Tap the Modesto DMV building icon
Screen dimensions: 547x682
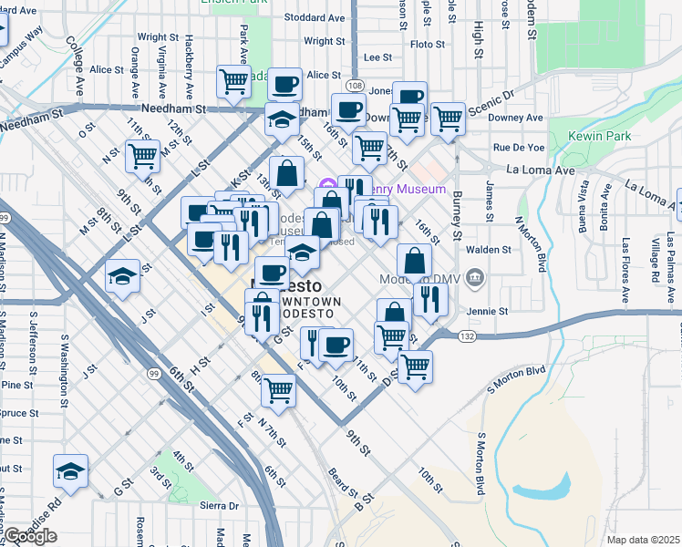474,276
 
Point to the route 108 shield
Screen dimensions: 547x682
355,85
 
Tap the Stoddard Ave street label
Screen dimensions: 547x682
315,17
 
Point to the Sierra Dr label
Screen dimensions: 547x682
219,505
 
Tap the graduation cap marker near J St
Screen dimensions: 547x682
122,275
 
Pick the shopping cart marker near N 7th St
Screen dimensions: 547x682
279,389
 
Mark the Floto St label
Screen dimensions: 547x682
428,43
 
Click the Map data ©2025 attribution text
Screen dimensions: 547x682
643,540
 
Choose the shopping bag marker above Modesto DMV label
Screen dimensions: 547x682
414,259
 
